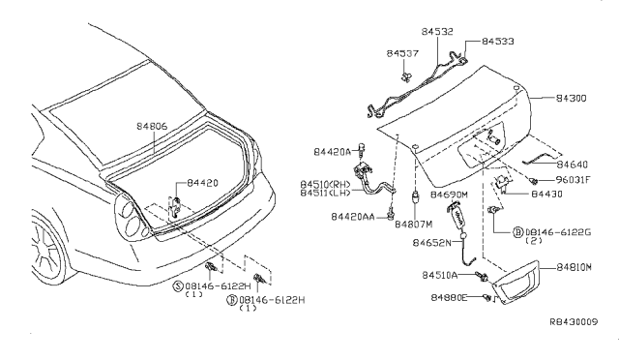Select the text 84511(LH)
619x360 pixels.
coord(326,193)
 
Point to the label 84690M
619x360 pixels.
coord(451,195)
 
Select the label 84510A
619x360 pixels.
coord(440,275)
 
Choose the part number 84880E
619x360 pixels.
coord(450,297)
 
